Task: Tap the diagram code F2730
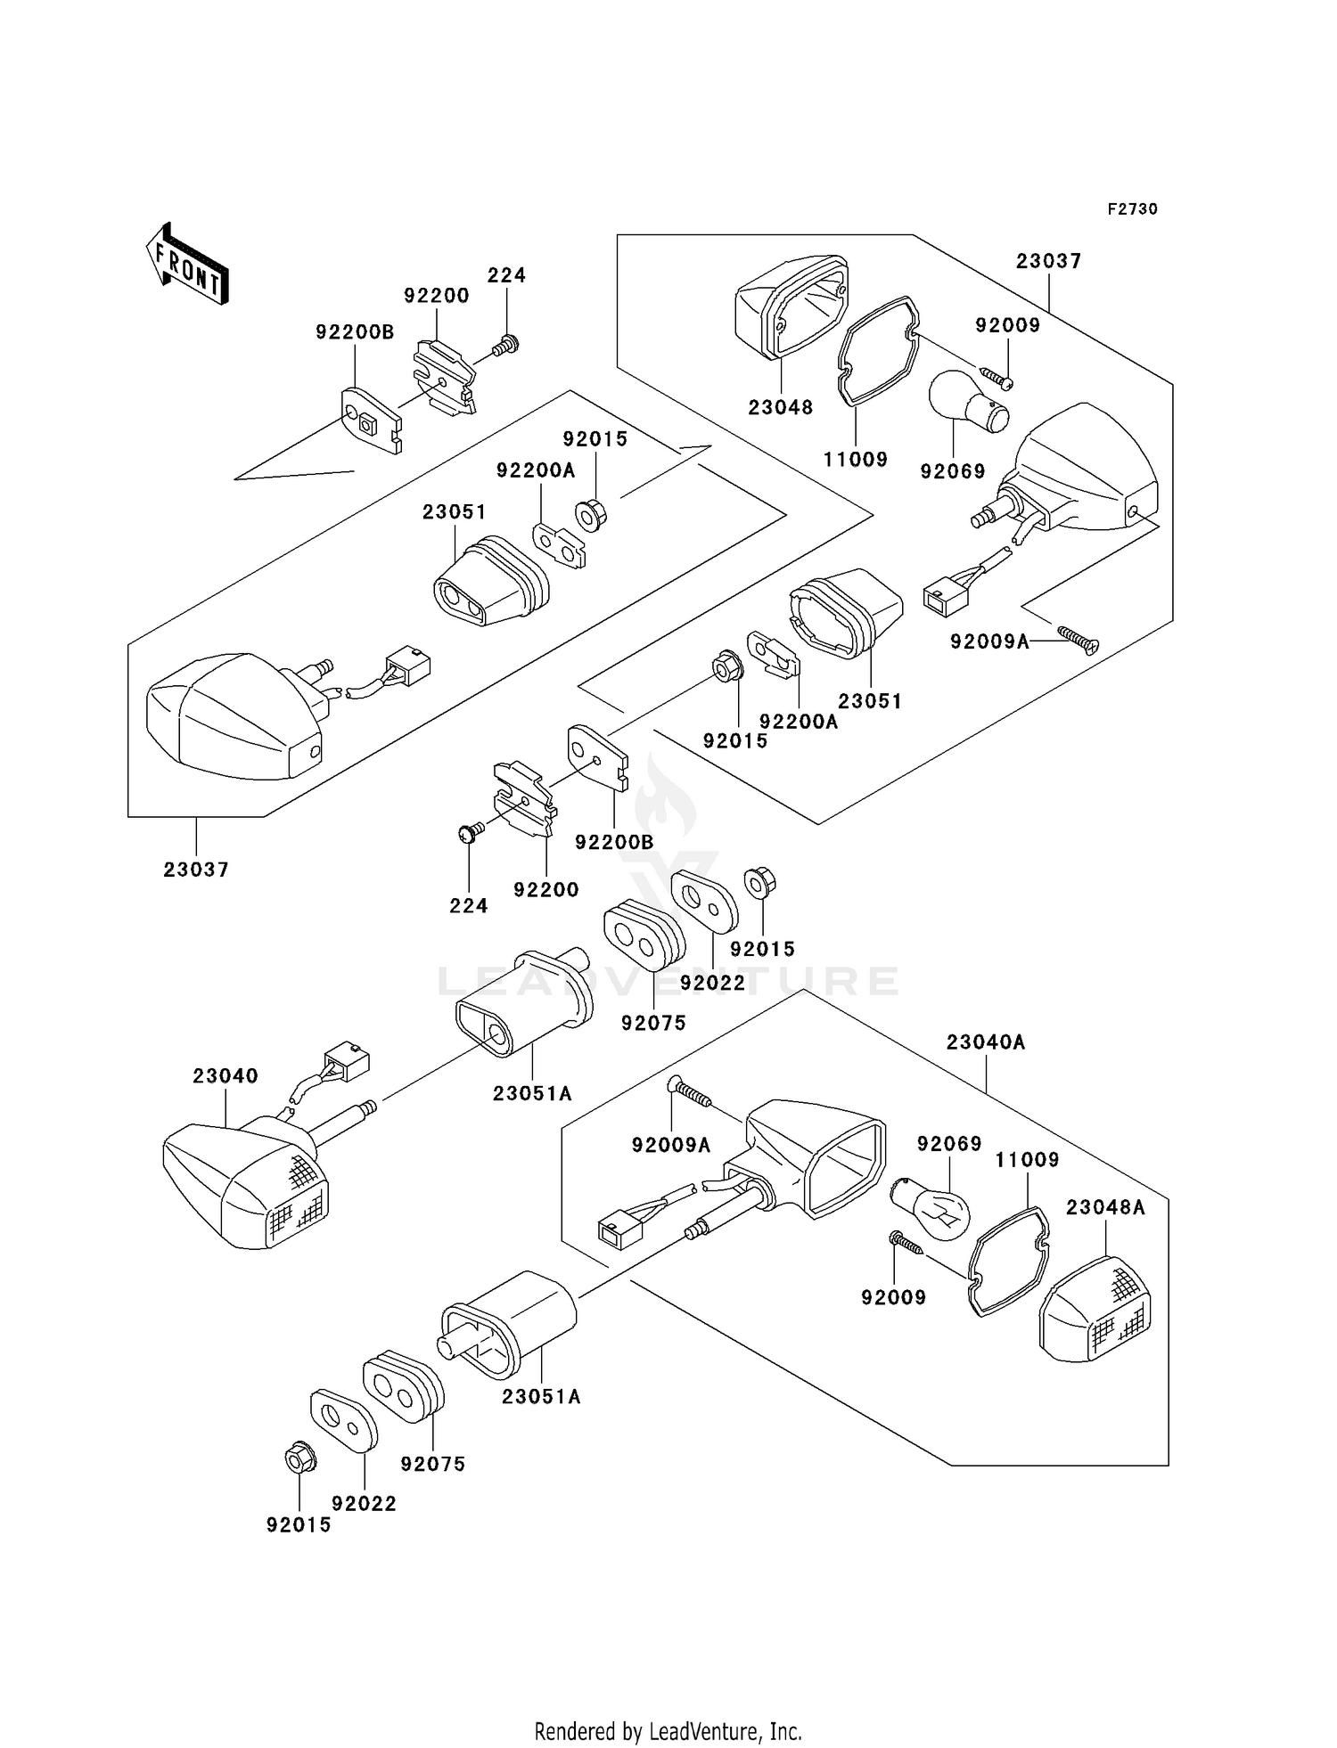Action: [1132, 209]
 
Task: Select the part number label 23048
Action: [780, 408]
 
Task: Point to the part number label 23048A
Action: [1105, 1207]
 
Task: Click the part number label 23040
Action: [226, 1076]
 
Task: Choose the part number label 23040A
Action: [986, 1041]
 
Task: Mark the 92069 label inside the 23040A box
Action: [949, 1144]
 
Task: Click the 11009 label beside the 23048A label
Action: [1027, 1160]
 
